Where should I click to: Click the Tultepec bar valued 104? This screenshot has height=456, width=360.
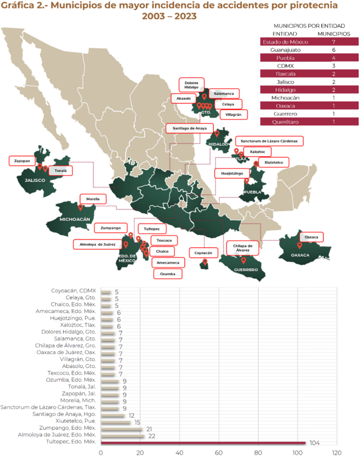coord(203,443)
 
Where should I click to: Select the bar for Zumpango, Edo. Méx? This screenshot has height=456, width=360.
coord(121,429)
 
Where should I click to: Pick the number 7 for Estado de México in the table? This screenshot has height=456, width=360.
coord(333,41)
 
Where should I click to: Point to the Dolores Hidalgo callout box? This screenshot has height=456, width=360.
coord(191,84)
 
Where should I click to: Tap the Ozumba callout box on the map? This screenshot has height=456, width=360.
coord(168,273)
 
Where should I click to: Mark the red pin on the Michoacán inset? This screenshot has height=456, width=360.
coord(81,207)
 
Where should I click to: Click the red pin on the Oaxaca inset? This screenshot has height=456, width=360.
coord(299,244)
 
